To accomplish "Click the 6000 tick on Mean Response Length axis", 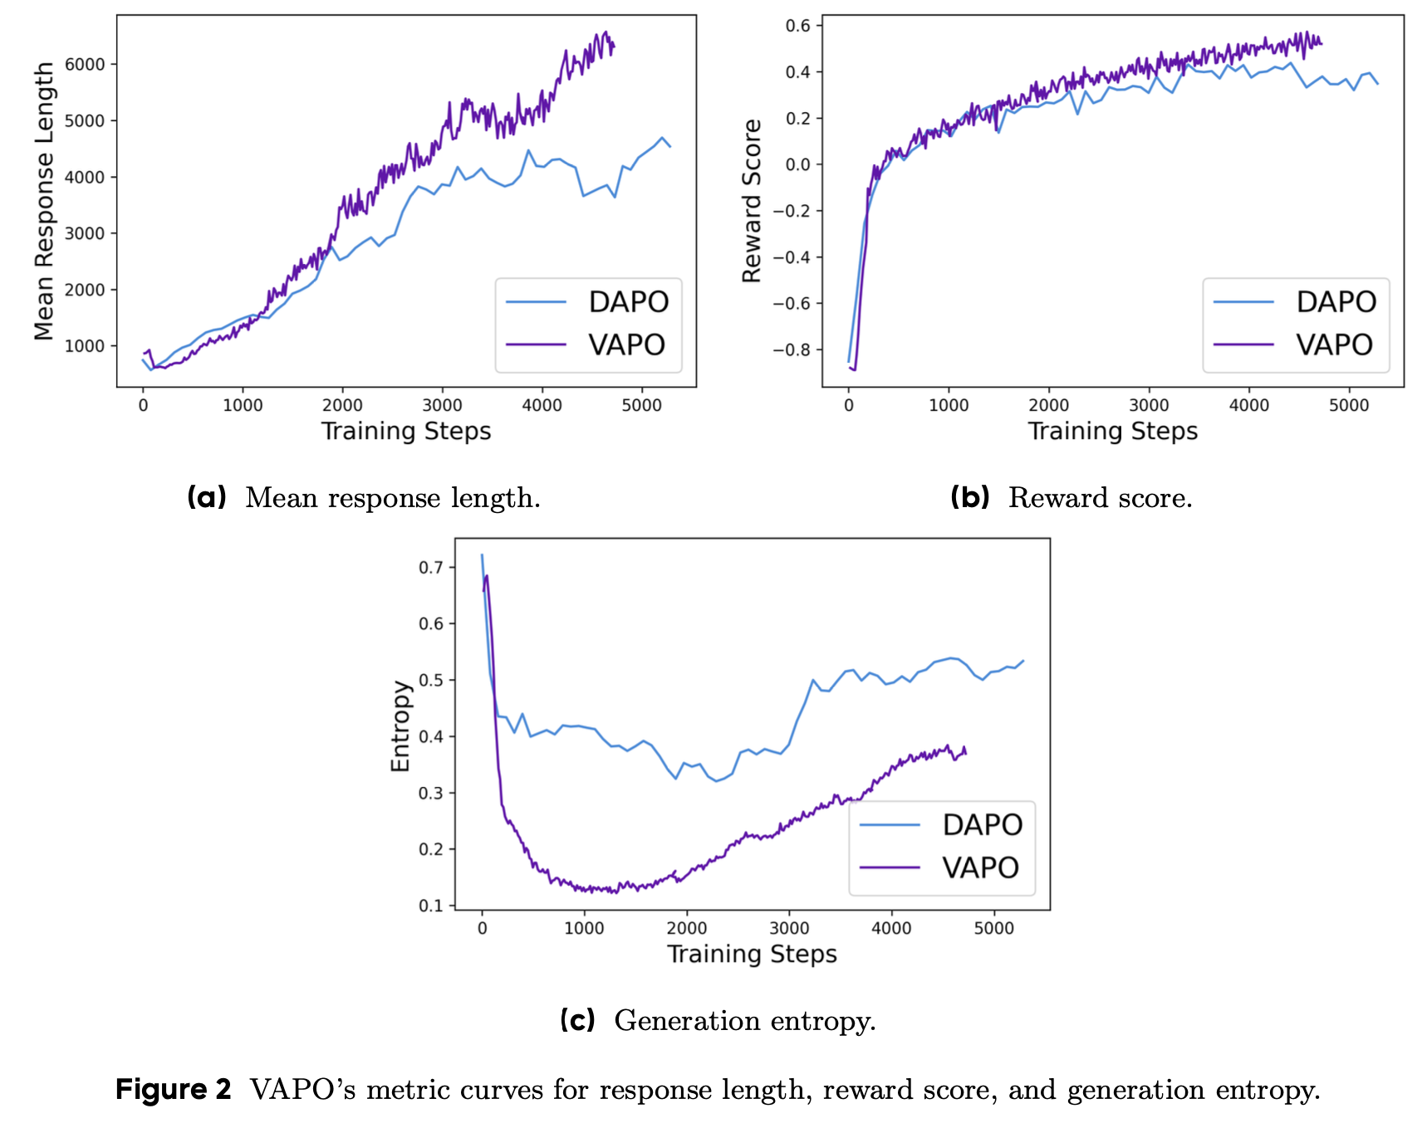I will tap(85, 65).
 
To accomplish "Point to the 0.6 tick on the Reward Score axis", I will tap(798, 26).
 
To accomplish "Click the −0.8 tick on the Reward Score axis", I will tap(792, 350).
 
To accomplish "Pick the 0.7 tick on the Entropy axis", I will tap(430, 568).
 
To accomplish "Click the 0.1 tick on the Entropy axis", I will tap(430, 906).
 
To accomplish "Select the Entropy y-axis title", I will tap(400, 726).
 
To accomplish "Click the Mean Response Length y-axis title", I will tap(44, 201).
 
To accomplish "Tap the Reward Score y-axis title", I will tap(752, 201).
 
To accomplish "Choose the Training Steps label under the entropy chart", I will tap(752, 954).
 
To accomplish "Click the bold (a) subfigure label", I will tap(207, 497).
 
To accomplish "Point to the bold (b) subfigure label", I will tap(969, 497).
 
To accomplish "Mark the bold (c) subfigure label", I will tap(577, 1020).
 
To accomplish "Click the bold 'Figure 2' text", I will tap(173, 1089).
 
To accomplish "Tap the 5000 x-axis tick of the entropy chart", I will tap(993, 928).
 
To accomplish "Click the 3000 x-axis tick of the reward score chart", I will tap(1149, 405).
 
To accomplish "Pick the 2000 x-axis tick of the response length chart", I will tap(342, 405).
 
